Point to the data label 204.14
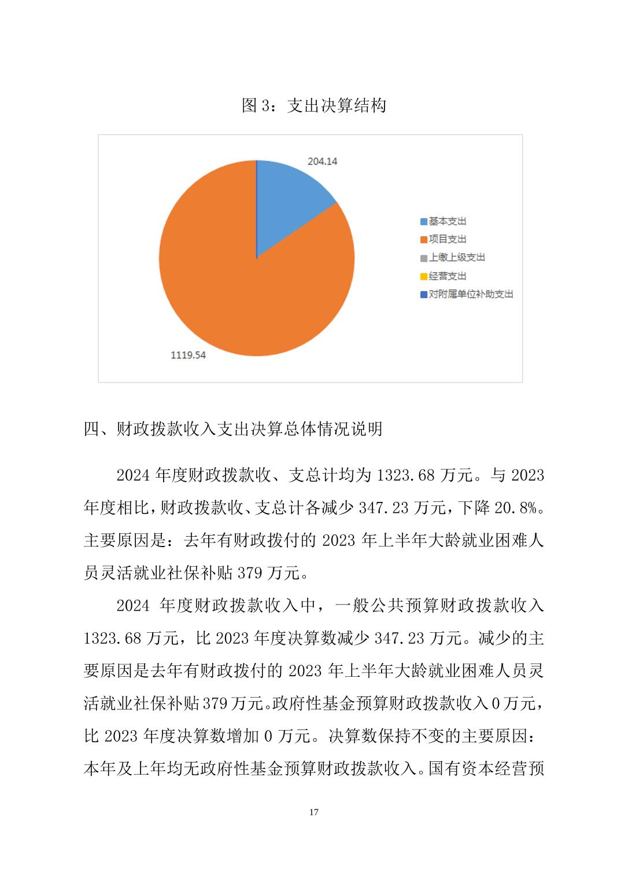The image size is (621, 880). click(322, 162)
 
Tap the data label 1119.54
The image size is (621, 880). click(188, 355)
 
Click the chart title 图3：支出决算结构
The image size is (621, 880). click(313, 106)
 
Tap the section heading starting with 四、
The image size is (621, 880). click(233, 429)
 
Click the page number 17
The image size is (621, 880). click(313, 812)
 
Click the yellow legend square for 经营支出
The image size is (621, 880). click(424, 276)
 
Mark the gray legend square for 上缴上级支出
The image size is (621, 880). click(424, 258)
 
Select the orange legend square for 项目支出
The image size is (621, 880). click(424, 240)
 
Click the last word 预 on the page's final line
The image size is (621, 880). click(537, 769)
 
